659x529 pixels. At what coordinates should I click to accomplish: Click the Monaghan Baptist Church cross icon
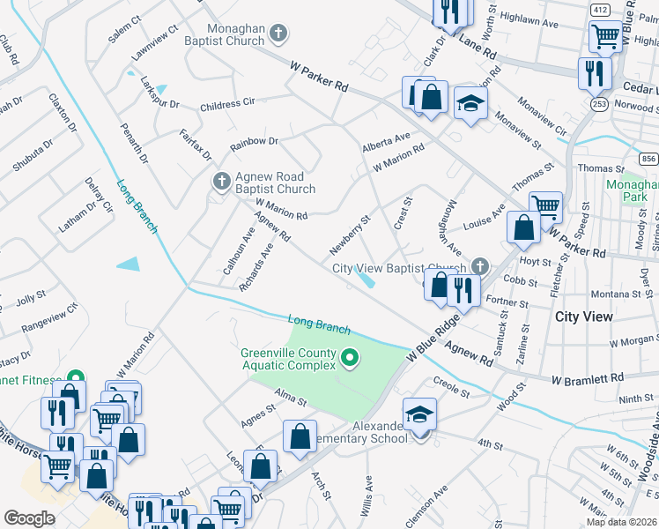pos(278,34)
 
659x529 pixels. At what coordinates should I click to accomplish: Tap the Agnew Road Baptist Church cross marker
pos(221,182)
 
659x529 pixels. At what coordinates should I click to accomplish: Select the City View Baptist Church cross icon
pos(479,265)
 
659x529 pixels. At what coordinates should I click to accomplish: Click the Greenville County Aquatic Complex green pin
pos(350,358)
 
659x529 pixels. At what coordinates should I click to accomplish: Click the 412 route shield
pos(600,9)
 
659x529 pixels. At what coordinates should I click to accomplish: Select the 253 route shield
pos(600,104)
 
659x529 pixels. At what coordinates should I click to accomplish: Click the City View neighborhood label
pos(583,316)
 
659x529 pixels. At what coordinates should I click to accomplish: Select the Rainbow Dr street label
pos(254,141)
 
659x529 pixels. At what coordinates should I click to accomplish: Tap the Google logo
pos(29,518)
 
